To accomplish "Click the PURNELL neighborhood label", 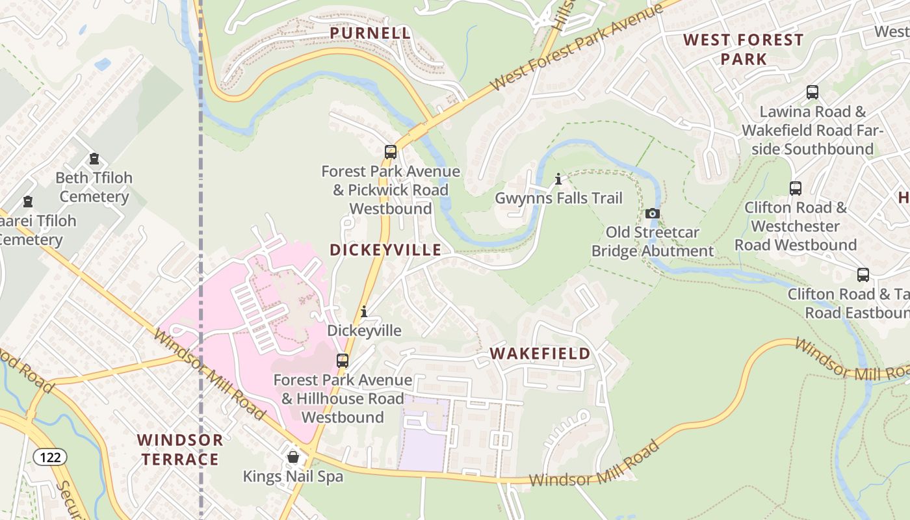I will point(370,32).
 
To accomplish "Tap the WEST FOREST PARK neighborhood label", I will point(743,49).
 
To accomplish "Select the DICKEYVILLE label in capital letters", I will point(385,250).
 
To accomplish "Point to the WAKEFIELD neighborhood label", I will point(539,354).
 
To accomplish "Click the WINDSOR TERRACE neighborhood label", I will point(180,450).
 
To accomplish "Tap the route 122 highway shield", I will point(50,458).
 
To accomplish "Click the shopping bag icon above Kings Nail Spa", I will point(293,457).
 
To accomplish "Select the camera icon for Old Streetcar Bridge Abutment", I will point(653,213).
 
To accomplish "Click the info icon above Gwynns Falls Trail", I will point(558,179).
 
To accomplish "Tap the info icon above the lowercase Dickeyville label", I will point(364,312).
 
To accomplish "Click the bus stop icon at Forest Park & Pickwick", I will point(390,152).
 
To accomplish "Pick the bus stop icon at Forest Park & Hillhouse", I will point(342,360).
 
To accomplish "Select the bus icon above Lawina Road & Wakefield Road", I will point(812,92).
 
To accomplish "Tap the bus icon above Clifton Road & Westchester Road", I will point(795,188).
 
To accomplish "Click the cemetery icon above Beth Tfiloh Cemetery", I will point(94,159).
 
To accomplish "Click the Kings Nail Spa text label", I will point(292,476).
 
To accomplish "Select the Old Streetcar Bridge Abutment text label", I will point(653,242).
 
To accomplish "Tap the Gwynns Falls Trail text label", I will point(558,198).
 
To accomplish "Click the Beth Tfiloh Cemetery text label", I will point(94,187).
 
